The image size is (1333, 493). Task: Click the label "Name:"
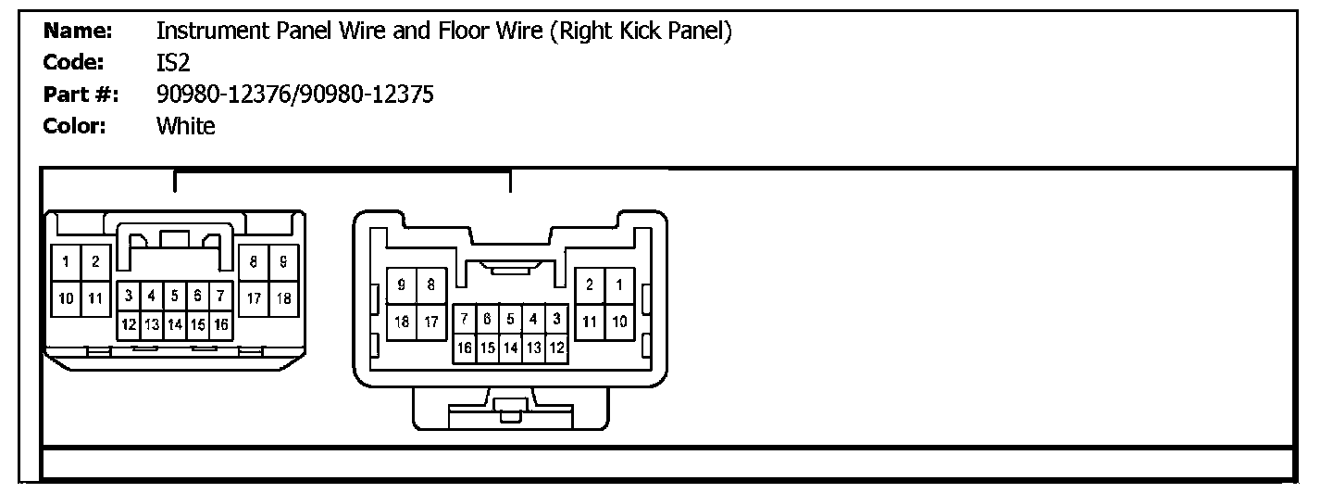78,32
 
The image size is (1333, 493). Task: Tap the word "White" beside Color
185,126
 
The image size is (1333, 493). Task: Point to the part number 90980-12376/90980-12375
294,95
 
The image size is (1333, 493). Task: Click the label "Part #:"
81,95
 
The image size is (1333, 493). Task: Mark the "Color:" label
74,126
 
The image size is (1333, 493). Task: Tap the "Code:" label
74,63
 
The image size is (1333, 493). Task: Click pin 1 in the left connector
67,262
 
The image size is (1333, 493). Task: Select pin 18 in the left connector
283,297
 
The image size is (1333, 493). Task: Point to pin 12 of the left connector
130,324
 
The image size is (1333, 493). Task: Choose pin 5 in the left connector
174,297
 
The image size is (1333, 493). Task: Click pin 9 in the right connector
401,285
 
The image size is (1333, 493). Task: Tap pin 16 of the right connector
465,348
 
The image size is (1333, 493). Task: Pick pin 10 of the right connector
619,322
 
